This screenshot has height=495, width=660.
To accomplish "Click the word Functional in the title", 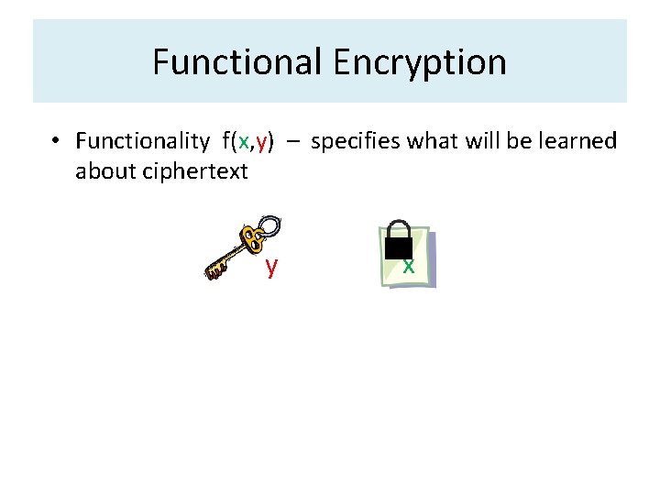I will pos(237,62).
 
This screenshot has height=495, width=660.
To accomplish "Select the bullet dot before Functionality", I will pos(56,141).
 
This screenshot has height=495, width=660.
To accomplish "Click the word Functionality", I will pos(142,141).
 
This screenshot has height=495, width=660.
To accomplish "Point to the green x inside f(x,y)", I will pos(243,142).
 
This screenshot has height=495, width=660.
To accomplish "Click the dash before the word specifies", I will pos(292,142).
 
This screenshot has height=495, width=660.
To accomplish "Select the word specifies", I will pos(356,141).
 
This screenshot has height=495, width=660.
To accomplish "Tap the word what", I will pos(432,141).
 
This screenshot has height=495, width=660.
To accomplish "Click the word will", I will pos(481,141).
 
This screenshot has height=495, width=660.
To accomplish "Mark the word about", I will pos(103,171).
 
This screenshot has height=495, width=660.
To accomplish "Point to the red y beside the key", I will pos(271,266).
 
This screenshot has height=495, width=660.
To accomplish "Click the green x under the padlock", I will pos(409,266).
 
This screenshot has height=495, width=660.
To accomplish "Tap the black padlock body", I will pos(398,247).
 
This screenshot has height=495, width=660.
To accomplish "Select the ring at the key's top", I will pos(269,225).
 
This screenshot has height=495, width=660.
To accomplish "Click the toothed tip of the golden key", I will pos(214,269).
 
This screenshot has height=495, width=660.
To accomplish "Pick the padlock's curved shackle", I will pos(398,227).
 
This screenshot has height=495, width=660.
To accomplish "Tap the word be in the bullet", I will pos(527,141).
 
